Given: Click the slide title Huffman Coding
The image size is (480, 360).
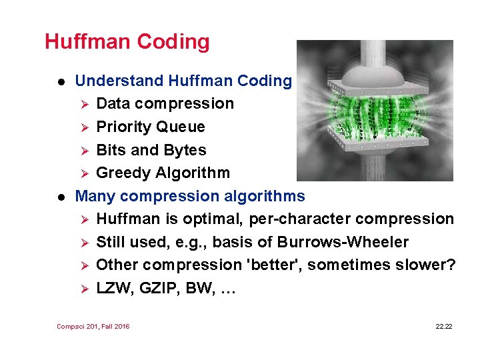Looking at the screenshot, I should (127, 41).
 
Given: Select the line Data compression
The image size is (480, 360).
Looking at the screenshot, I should (165, 104).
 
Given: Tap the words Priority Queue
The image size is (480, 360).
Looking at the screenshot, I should (151, 127).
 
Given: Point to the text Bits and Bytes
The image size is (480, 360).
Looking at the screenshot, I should (151, 150).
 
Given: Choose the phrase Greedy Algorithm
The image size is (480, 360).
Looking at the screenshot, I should (163, 173).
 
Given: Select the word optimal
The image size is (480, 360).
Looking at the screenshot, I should (223, 219).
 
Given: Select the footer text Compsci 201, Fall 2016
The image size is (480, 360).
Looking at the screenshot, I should (93, 326).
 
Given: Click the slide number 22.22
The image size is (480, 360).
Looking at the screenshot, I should (443, 326).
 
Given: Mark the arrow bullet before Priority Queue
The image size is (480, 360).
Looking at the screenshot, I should (83, 127).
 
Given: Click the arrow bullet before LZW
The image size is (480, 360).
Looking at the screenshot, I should (83, 288).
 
